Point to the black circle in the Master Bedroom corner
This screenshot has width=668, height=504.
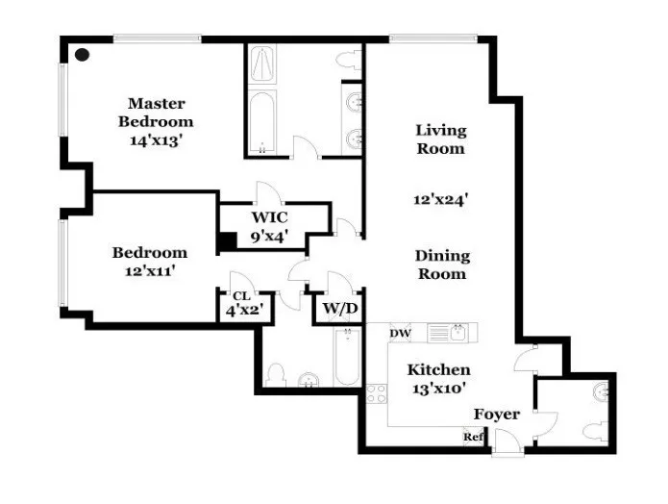83,55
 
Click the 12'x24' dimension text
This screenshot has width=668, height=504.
440,200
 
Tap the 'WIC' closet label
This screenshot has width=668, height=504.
269,216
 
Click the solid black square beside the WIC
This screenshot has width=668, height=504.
227,242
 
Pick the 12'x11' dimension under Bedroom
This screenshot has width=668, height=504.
149,271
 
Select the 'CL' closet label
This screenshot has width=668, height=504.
240,296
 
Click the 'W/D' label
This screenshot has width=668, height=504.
339,310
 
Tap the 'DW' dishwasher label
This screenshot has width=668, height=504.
400,334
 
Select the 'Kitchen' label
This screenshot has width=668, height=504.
438,370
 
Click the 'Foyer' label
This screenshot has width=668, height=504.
496,415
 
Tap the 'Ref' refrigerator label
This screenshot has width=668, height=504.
472,437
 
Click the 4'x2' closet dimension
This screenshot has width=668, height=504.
244,311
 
